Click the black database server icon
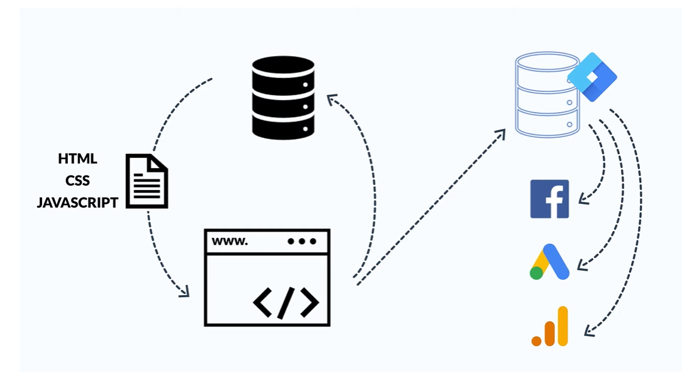(x=283, y=98)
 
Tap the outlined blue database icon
(x=547, y=94)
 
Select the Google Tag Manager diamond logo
(x=592, y=77)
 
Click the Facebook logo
(x=549, y=199)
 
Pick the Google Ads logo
(x=549, y=261)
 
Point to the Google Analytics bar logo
(x=550, y=326)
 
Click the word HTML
(x=77, y=159)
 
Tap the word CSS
(x=77, y=180)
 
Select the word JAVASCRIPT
(x=77, y=202)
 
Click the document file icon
(x=147, y=181)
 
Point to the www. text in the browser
(x=230, y=241)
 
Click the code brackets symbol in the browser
(x=286, y=302)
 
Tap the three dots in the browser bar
(x=302, y=241)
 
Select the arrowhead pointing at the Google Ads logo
(x=581, y=264)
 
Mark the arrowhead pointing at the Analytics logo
(x=588, y=331)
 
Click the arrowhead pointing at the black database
(x=332, y=99)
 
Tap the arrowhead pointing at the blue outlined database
(x=501, y=133)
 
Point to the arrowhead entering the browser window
(x=186, y=292)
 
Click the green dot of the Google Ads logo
(x=536, y=273)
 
